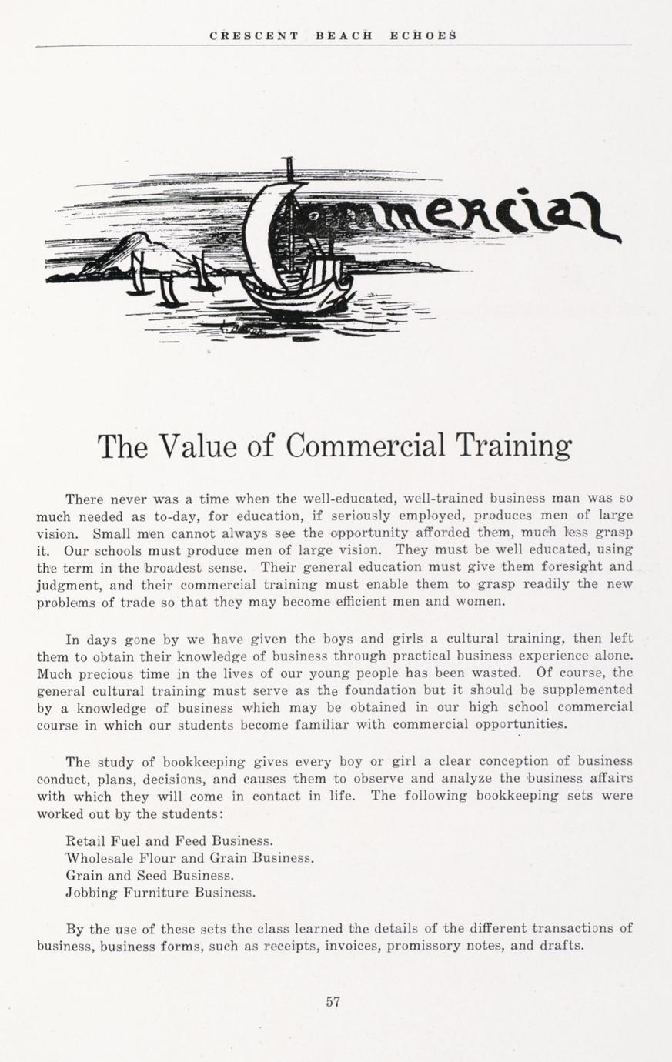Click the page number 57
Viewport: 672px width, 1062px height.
pos(333,1002)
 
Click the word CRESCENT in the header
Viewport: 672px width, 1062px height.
pos(254,35)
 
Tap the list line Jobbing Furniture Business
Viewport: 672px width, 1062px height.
pos(161,893)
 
